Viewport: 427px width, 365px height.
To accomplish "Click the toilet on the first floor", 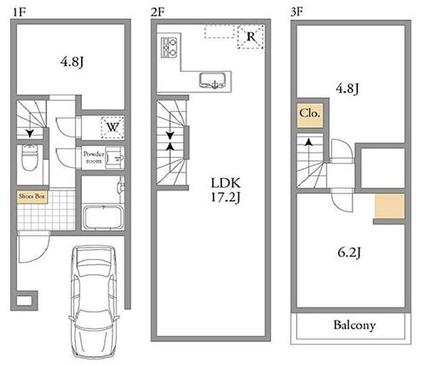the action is tap(29, 157).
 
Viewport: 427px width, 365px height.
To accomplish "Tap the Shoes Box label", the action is tap(32, 196).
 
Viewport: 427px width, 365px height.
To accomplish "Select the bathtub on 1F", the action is tap(103, 217).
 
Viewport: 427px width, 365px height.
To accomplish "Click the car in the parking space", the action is tap(95, 302).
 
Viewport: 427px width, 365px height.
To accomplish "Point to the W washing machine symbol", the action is tap(112, 127).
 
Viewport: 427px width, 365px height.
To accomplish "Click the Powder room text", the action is tap(94, 157).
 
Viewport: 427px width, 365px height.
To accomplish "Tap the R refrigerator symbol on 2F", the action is tap(251, 36).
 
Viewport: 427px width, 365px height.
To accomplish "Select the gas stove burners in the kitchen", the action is tap(169, 48).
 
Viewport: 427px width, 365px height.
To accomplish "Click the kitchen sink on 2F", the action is tap(213, 80).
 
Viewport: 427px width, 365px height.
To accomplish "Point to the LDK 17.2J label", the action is tap(226, 190).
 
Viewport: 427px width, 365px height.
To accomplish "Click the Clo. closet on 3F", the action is tap(310, 115).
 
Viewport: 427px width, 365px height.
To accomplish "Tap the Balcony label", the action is tap(354, 325).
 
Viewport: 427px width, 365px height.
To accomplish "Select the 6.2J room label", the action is tap(349, 253).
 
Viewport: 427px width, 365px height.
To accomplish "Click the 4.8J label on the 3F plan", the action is tap(347, 88).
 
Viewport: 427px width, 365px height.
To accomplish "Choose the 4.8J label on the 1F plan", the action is tap(72, 63).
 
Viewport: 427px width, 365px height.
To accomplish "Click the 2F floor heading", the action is tap(157, 12).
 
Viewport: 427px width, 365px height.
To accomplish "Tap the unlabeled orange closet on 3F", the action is tap(389, 206).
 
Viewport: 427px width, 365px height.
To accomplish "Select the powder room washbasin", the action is tap(115, 158).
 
